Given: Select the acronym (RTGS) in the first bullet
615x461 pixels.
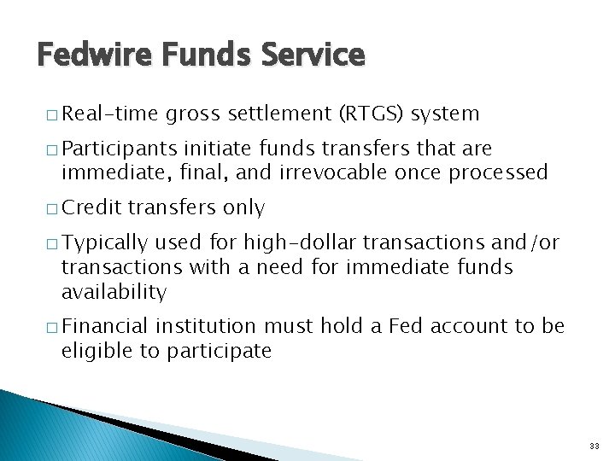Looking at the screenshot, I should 372,114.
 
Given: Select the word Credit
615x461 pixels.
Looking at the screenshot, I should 91,207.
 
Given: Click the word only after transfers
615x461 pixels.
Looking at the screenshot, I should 243,207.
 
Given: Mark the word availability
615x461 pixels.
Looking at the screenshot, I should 114,292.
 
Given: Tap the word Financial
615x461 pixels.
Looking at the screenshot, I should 106,327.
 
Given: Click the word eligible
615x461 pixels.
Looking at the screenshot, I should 94,351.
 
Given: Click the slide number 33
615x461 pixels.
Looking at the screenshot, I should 594,446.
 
